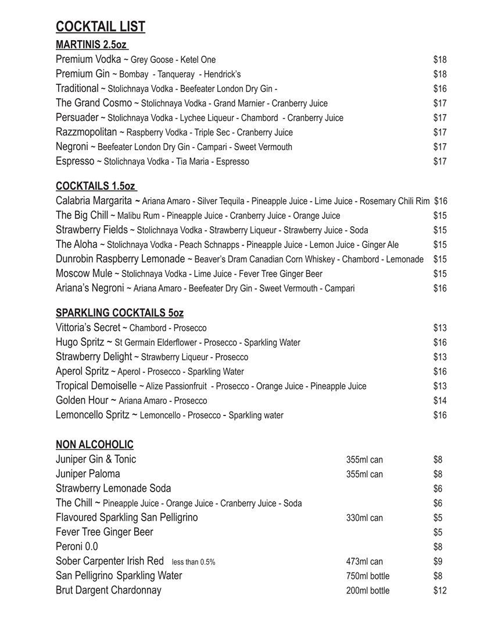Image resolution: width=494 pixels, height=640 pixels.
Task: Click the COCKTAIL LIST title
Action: (x=101, y=27)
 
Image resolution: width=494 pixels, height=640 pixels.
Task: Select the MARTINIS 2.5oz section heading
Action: (x=91, y=45)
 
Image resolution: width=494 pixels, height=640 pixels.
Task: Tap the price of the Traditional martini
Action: (x=439, y=88)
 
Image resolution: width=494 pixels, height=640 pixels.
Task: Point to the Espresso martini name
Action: (x=75, y=161)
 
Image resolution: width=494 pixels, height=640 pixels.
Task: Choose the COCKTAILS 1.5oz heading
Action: (x=95, y=186)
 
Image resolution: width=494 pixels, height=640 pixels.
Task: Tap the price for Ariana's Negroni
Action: (x=440, y=288)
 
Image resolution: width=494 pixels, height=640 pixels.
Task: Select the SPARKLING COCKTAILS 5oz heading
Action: (x=120, y=313)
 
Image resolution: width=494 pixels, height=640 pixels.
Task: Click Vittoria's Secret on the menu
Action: (x=88, y=328)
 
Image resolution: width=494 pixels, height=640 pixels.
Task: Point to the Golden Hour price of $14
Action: (x=440, y=400)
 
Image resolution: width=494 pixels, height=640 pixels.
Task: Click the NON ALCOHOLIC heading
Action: (x=95, y=445)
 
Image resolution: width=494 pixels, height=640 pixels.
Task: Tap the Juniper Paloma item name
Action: (x=88, y=474)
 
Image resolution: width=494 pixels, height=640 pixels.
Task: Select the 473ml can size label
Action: (x=364, y=561)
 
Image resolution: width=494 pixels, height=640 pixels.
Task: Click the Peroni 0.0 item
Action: (x=77, y=546)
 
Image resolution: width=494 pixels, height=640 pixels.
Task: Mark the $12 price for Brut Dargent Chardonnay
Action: (x=440, y=591)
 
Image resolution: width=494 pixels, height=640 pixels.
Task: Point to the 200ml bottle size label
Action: (x=368, y=591)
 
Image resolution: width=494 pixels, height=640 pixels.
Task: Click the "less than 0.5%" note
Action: (x=194, y=562)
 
